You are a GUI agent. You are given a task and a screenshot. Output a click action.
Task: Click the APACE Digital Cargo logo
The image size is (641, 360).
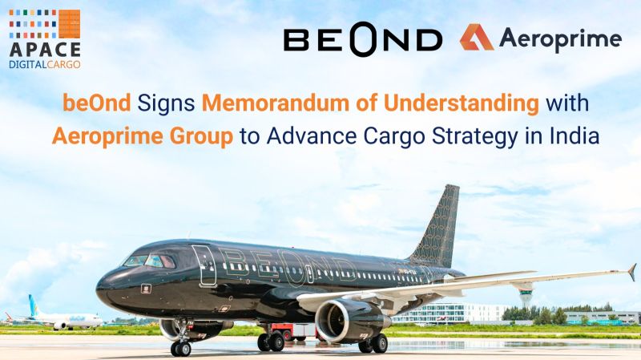click(x=45, y=38)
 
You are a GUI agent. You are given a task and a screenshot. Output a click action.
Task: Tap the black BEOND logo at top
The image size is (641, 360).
click(x=363, y=39)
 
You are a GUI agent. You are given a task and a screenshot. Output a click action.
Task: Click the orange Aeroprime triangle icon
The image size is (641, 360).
click(x=476, y=38)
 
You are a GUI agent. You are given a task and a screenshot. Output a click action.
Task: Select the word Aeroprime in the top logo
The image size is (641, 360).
click(x=560, y=39)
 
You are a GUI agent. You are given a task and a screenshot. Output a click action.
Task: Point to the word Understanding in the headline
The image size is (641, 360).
click(x=462, y=103)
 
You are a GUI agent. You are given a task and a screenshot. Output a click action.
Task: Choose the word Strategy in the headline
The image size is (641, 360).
click(x=474, y=137)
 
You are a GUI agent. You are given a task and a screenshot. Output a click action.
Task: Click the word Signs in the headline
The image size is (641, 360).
click(x=166, y=104)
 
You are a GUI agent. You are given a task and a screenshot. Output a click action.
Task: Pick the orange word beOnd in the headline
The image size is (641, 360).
click(x=96, y=103)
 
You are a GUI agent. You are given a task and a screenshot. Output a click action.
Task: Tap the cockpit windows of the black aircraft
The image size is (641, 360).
click(x=150, y=261)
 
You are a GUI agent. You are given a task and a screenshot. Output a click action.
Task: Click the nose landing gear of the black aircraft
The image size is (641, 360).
click(x=181, y=338)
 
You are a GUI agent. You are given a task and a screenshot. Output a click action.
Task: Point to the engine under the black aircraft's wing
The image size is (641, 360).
click(x=349, y=321)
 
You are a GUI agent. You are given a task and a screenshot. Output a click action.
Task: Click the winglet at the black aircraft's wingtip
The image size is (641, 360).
click(x=632, y=272)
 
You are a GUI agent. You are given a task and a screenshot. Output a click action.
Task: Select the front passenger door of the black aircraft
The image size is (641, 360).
click(x=204, y=265)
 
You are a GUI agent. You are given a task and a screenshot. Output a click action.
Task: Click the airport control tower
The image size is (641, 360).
click(x=526, y=293)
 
